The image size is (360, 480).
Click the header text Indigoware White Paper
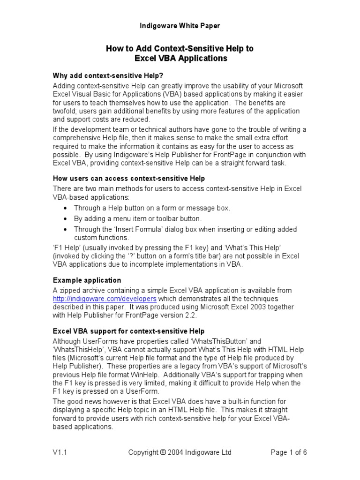pyautogui.click(x=180, y=26)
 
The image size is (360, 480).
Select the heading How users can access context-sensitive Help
pyautogui.click(x=129, y=178)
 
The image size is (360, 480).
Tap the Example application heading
pyautogui.click(x=86, y=280)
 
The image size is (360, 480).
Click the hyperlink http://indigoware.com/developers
pyautogui.click(x=105, y=299)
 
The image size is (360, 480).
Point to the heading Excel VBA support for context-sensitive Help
pyautogui.click(x=128, y=331)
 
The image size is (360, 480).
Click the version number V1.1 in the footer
pyautogui.click(x=60, y=452)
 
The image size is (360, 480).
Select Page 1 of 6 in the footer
pyautogui.click(x=289, y=452)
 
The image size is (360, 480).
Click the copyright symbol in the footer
pyautogui.click(x=163, y=453)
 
